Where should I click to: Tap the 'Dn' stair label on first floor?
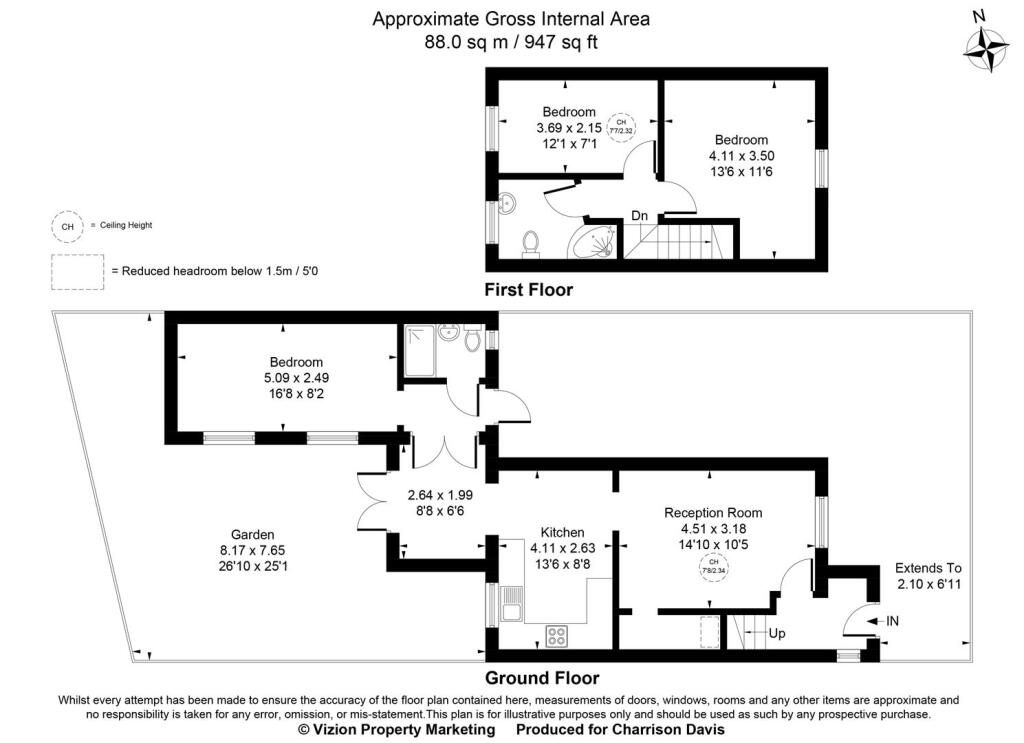click(639, 216)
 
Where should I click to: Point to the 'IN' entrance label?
click(893, 621)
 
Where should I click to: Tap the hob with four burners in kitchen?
click(556, 634)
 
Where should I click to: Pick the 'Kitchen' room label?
click(562, 532)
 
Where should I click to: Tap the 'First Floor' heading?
click(528, 290)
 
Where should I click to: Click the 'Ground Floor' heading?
click(542, 677)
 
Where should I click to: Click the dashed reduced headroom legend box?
click(78, 271)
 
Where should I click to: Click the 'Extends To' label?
click(927, 568)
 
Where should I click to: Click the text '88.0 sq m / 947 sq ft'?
click(511, 41)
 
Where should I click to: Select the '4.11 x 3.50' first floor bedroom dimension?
click(741, 156)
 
